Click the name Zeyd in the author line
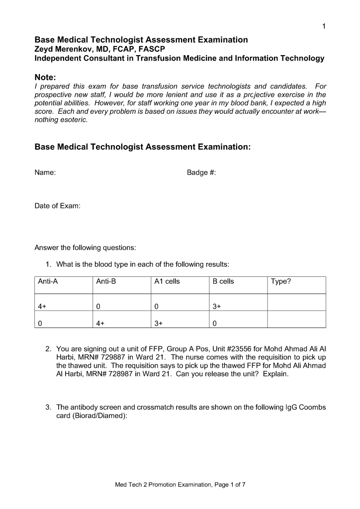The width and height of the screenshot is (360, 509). (x=44, y=49)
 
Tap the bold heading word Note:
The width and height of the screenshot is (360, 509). (x=45, y=77)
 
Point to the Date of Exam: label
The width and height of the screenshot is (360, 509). (x=57, y=206)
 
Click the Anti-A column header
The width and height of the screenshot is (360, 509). (x=48, y=281)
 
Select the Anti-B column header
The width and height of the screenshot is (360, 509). (x=106, y=281)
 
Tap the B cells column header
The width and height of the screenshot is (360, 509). (x=223, y=281)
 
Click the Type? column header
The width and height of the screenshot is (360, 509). (x=281, y=281)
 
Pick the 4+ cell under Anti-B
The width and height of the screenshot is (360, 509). (x=100, y=323)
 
